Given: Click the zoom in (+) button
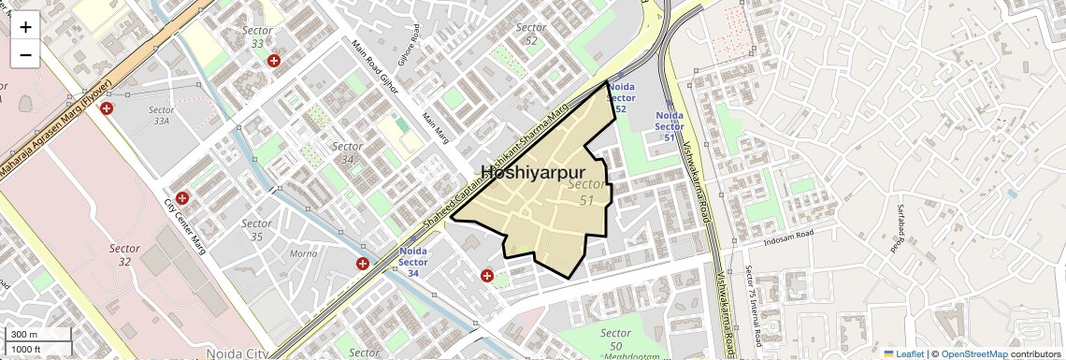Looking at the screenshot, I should (25, 27).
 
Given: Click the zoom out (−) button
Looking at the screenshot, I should (25, 55).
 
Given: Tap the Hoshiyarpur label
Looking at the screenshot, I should (532, 172).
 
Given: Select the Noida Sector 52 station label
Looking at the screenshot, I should (621, 98).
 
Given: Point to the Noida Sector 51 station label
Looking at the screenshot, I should (670, 126).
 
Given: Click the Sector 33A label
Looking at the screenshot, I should (161, 115).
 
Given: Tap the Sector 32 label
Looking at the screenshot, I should (124, 255).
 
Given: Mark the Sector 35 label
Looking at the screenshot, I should (256, 230).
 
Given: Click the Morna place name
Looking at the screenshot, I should (303, 253).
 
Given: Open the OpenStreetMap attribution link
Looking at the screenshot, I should (973, 353).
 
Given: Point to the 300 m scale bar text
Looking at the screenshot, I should (24, 335).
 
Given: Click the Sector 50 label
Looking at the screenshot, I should (615, 339).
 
